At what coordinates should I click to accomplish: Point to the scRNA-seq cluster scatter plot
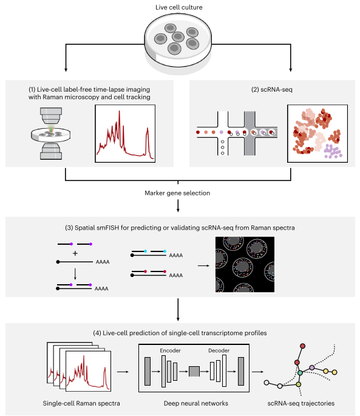coord(317,134)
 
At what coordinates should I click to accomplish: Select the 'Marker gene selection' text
coord(178,194)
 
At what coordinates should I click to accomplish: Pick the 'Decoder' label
coord(219,350)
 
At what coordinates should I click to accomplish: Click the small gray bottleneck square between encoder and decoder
coord(194,371)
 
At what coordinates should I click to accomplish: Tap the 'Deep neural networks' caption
coord(194,403)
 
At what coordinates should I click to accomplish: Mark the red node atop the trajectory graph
coord(304,346)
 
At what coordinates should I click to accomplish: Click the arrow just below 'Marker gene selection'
coord(178,206)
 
